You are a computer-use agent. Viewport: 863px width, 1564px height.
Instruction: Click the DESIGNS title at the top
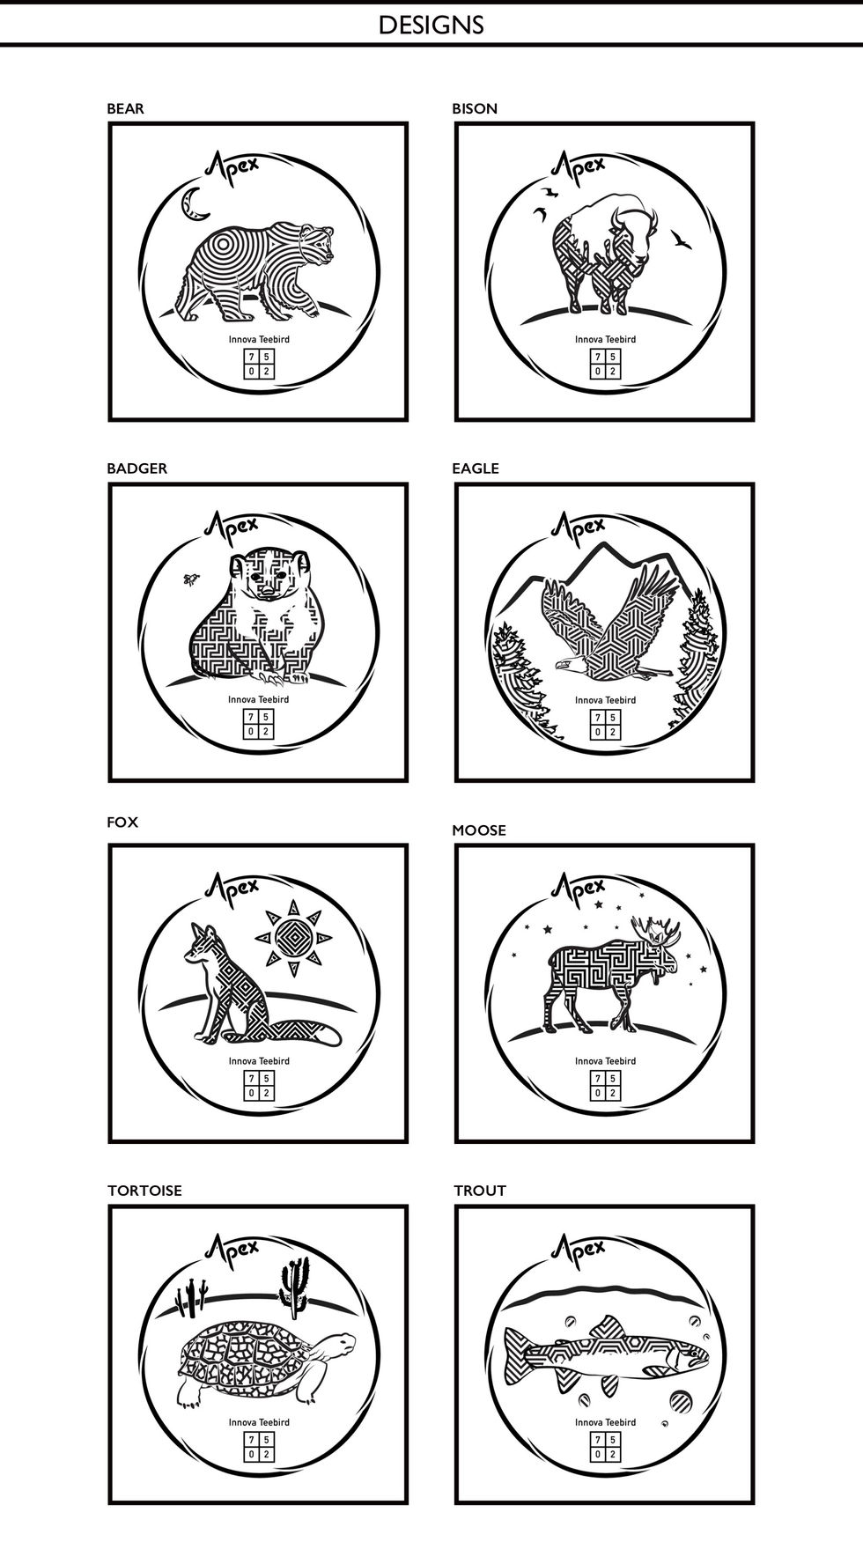431,25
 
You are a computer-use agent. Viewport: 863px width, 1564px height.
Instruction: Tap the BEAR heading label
125,108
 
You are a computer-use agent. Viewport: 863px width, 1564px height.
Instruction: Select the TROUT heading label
480,1191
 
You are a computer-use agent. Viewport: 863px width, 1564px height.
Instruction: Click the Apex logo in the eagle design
578,526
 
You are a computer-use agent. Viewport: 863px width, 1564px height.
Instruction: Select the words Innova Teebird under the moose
605,1061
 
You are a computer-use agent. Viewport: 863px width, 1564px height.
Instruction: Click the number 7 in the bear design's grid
252,357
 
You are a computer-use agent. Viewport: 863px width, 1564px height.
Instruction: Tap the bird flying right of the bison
680,238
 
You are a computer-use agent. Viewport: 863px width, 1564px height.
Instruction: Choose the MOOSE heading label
479,830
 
